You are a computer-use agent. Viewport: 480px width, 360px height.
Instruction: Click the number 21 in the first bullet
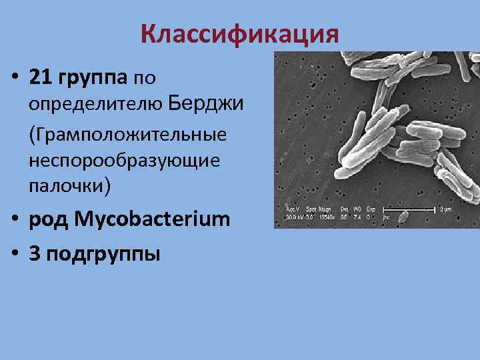(41, 78)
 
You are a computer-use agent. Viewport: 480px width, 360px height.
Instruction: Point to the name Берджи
(207, 104)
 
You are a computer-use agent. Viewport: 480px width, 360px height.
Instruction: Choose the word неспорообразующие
(123, 161)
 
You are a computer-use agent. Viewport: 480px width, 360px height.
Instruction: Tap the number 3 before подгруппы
(34, 254)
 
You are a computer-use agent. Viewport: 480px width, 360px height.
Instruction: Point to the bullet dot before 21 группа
(14, 79)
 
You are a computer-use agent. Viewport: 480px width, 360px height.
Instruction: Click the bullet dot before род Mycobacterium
(14, 218)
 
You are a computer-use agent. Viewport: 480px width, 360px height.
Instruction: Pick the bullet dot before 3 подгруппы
(14, 254)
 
